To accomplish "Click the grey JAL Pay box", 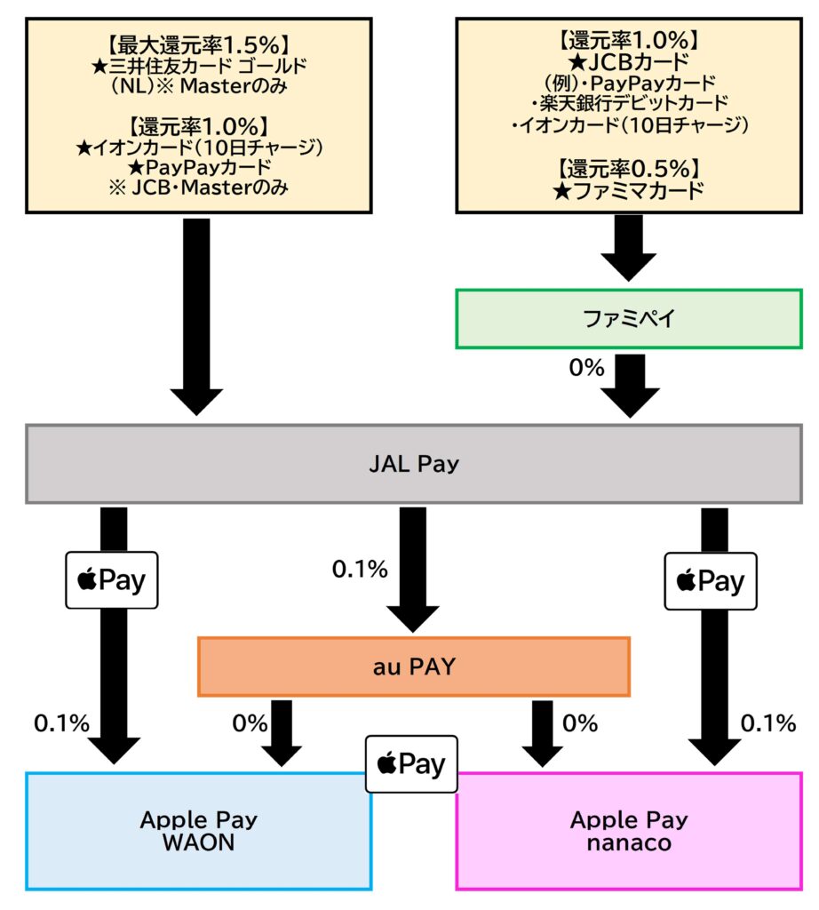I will pos(414,464).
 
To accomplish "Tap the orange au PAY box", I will pos(413,666).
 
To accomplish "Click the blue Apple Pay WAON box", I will pos(198,830).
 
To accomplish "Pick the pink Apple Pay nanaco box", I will pos(629,830).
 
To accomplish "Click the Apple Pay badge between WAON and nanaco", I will pos(412,764).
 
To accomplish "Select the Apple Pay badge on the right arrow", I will pos(710,581).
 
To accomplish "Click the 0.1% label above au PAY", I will pos(360,570).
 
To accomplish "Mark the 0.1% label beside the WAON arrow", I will pos(61,723).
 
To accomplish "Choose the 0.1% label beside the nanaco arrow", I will pos(768,723).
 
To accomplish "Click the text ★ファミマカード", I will pos(630,189).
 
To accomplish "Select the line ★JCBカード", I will pos(630,61).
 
